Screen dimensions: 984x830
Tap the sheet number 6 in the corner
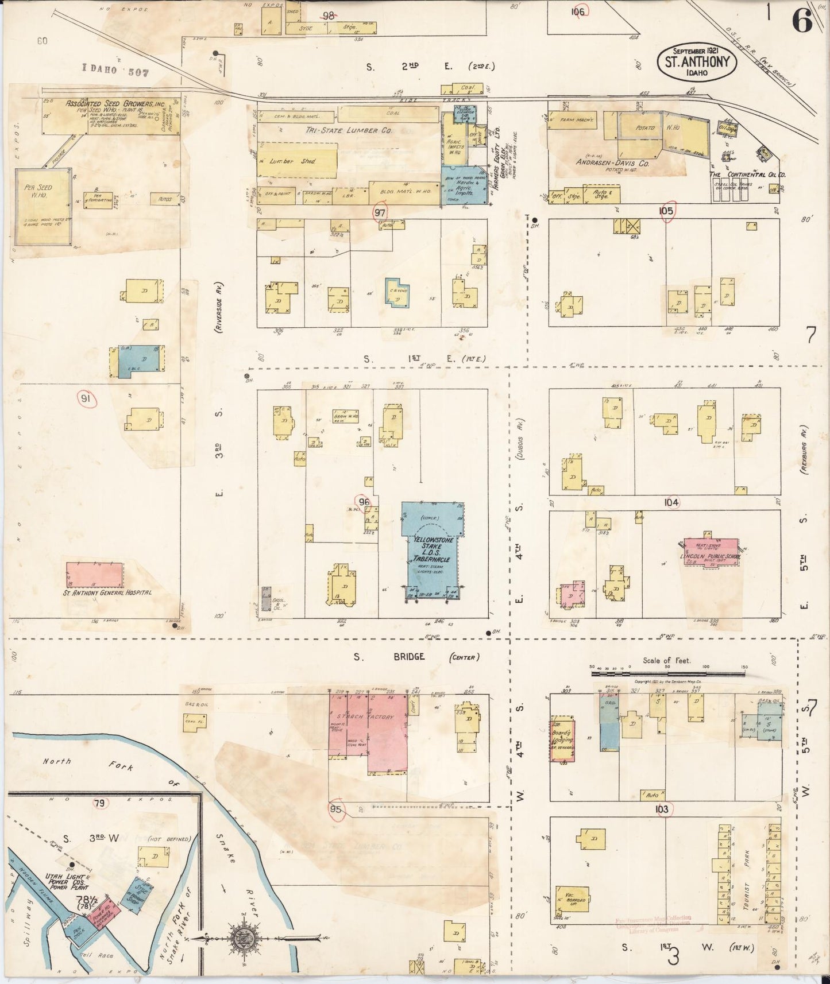point(802,21)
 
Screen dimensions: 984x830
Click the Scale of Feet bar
point(668,669)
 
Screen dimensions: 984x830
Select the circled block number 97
point(380,212)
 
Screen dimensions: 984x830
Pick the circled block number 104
point(671,502)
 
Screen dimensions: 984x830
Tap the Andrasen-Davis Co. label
point(613,163)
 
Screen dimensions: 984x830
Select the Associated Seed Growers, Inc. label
point(115,104)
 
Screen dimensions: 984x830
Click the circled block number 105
point(666,211)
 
